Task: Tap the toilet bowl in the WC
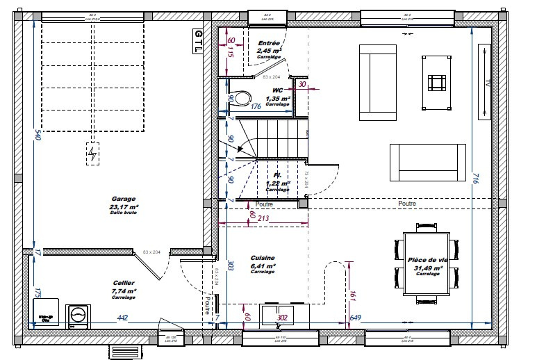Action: (x=241, y=99)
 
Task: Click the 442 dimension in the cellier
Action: (x=122, y=318)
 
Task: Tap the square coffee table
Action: (x=436, y=83)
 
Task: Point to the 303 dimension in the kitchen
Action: (x=230, y=265)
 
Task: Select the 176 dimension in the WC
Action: (x=255, y=106)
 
